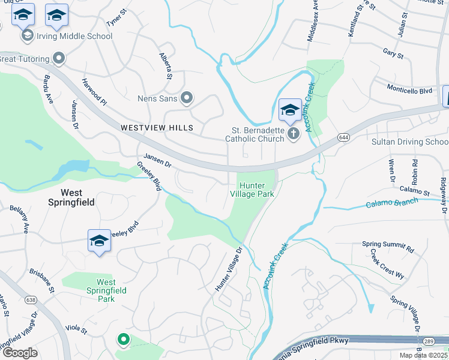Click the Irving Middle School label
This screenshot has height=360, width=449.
pos(74,36)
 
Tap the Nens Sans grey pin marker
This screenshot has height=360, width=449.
pos(187,97)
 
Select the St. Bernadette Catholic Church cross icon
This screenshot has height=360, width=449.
pos(294,133)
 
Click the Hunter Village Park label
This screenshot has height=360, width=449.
pos(252,190)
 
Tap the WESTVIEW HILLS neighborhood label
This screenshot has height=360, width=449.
pos(157,128)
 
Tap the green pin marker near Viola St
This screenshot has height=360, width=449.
pos(124,340)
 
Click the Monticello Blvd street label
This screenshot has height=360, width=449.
pos(409,91)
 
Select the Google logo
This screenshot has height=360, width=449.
pos(20,352)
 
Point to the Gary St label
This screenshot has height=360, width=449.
pos(393,53)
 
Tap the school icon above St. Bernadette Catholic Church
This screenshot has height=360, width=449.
pos(290,110)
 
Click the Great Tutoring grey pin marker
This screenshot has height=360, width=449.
pos(59,58)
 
